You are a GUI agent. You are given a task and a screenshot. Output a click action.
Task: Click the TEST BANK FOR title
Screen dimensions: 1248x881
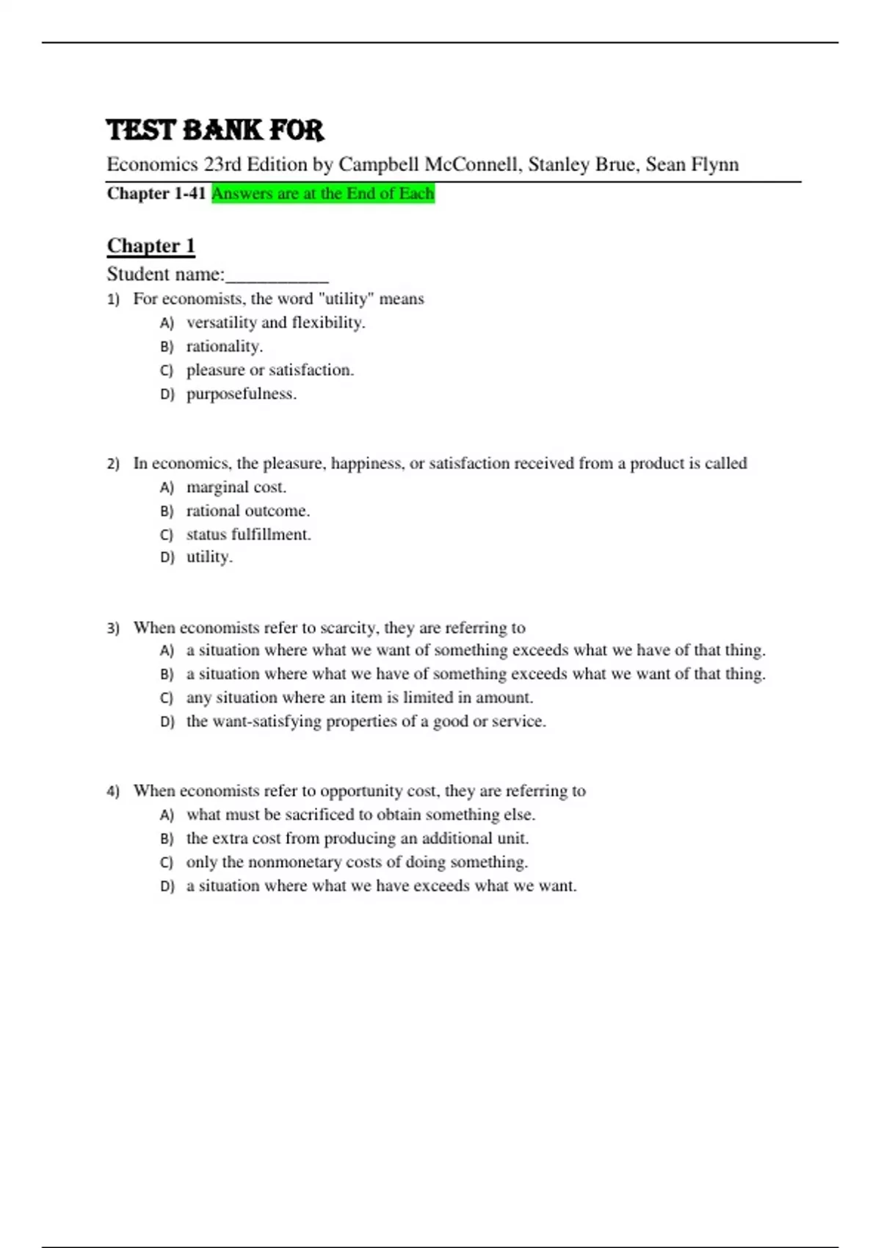[x=214, y=130]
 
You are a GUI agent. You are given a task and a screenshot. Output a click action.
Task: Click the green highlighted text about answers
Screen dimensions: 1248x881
[x=323, y=193]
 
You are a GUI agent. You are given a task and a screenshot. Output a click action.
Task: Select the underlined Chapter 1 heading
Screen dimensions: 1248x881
[x=151, y=245]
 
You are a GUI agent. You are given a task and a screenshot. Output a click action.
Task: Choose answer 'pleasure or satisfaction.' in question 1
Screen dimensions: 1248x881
[x=269, y=370]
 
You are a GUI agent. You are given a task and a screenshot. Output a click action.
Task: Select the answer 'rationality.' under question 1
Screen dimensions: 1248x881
[x=224, y=347]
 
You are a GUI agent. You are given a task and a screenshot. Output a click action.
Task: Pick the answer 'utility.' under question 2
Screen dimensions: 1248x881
[x=209, y=557]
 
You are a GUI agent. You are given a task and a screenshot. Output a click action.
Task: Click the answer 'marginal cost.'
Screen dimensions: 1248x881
[x=236, y=487]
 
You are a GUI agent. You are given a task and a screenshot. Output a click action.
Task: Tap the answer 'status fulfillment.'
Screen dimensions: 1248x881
[x=248, y=534]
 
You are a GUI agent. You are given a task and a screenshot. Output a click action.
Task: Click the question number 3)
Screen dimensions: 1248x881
[x=113, y=628]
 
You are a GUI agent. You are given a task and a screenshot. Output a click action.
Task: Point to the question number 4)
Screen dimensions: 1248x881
[x=113, y=791]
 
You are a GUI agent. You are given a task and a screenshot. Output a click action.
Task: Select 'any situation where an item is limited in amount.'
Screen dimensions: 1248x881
[x=359, y=697]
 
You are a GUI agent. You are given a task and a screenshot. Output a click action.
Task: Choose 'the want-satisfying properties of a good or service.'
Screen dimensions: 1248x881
[x=366, y=722]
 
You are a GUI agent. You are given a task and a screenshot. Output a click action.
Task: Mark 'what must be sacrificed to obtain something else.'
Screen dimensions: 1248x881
[x=360, y=814]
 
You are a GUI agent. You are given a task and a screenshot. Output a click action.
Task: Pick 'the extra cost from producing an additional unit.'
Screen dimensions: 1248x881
[x=357, y=838]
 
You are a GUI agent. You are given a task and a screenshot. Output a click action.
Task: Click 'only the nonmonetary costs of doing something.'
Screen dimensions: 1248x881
[x=357, y=862]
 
